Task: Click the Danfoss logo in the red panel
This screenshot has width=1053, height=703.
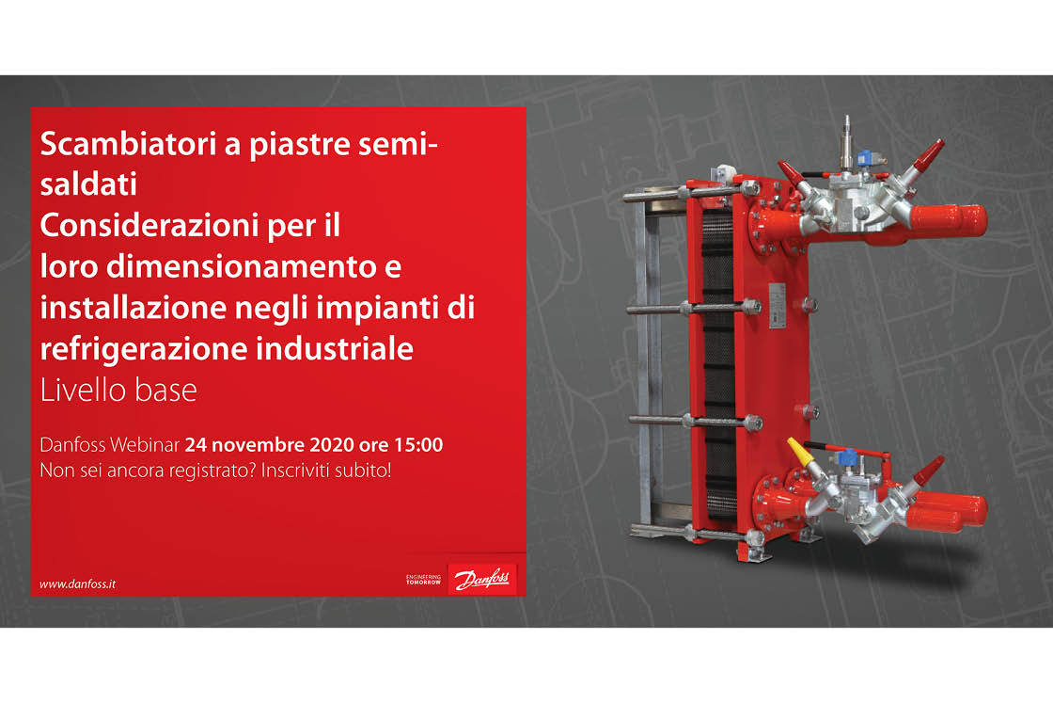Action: [x=482, y=580]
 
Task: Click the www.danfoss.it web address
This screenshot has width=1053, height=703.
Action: [x=77, y=584]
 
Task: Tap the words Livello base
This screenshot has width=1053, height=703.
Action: [x=118, y=390]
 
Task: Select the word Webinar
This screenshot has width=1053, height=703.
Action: [x=147, y=443]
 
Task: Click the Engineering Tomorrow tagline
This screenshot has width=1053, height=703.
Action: [x=423, y=579]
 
